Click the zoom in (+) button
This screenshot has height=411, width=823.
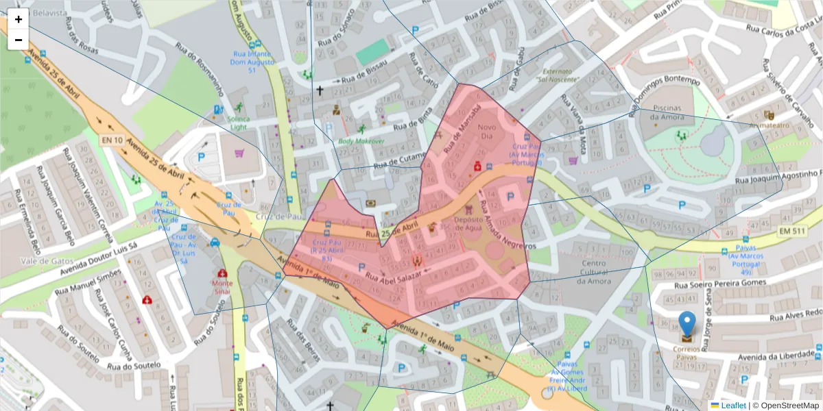point(19,19)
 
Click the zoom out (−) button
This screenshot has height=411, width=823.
point(19,40)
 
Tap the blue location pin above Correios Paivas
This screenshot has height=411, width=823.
point(687,324)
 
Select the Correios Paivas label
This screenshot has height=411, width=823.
point(687,352)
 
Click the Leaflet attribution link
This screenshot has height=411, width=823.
point(733,406)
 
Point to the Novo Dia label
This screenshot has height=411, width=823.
point(486,132)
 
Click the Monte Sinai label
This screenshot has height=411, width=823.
point(222,287)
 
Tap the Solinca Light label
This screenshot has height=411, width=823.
point(239,123)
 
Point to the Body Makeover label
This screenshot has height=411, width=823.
point(361,141)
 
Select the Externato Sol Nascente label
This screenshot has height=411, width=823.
point(560,75)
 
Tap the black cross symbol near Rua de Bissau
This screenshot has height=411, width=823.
point(319,90)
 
